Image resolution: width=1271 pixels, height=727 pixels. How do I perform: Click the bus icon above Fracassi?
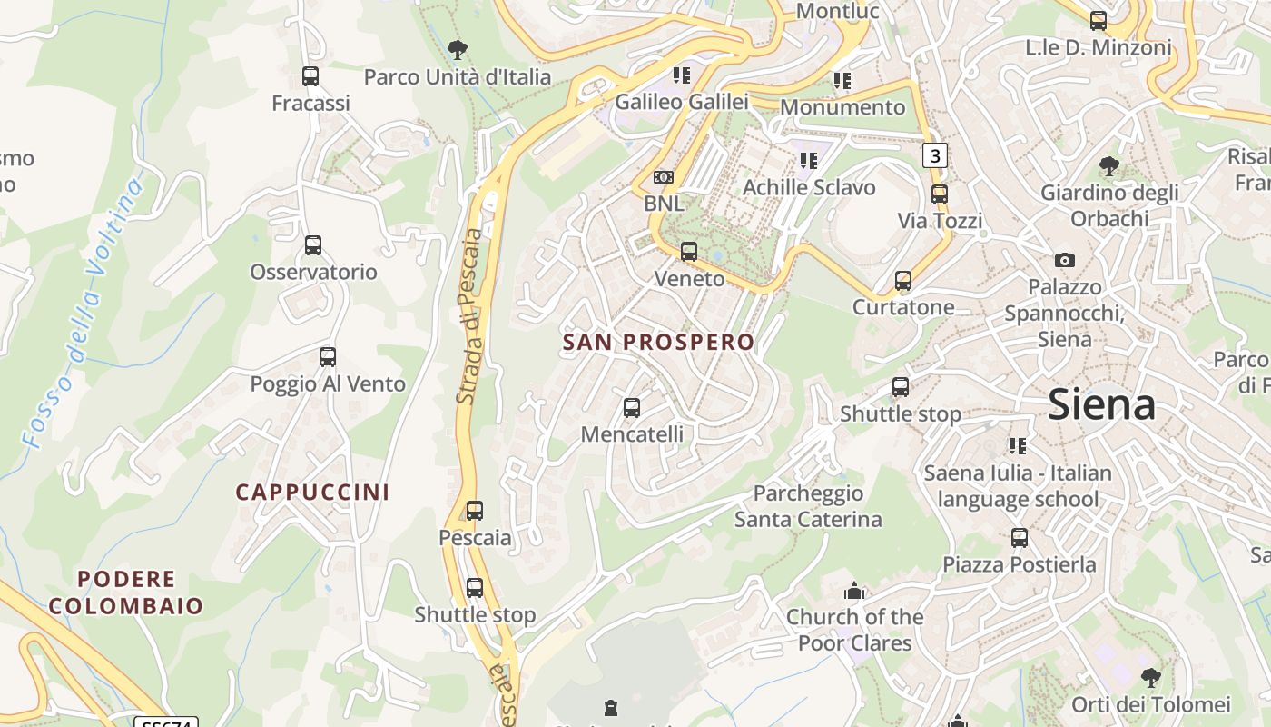(x=310, y=76)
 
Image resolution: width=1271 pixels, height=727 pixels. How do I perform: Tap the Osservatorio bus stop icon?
(x=313, y=245)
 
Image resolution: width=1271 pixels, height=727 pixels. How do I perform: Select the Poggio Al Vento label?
(x=328, y=384)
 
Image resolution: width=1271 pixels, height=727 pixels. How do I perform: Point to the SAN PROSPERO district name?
(x=658, y=343)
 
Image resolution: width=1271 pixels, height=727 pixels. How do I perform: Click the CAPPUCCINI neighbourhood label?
(x=312, y=493)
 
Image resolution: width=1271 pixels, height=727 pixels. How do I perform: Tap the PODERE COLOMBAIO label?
(x=126, y=593)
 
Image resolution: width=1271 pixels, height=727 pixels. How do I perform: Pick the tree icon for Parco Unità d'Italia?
(x=458, y=50)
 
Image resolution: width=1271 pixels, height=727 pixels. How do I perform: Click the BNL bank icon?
(x=664, y=177)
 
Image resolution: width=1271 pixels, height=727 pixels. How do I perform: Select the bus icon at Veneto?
(x=689, y=252)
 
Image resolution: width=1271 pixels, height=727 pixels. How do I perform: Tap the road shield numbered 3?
(x=934, y=155)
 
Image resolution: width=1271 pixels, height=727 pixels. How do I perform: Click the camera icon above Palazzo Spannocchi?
(x=1065, y=261)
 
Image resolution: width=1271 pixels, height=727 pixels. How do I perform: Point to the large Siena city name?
(x=1101, y=405)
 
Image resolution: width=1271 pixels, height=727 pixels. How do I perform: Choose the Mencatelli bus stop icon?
(x=632, y=408)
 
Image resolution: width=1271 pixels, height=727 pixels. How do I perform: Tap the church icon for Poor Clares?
(x=853, y=593)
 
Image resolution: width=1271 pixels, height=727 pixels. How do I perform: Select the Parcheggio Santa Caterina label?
(x=808, y=506)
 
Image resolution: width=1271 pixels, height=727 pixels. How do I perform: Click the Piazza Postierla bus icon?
(x=1020, y=538)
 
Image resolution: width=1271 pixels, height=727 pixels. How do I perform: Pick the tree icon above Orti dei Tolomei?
(x=1150, y=678)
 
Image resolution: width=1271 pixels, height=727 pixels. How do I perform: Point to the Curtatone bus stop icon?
(x=903, y=281)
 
